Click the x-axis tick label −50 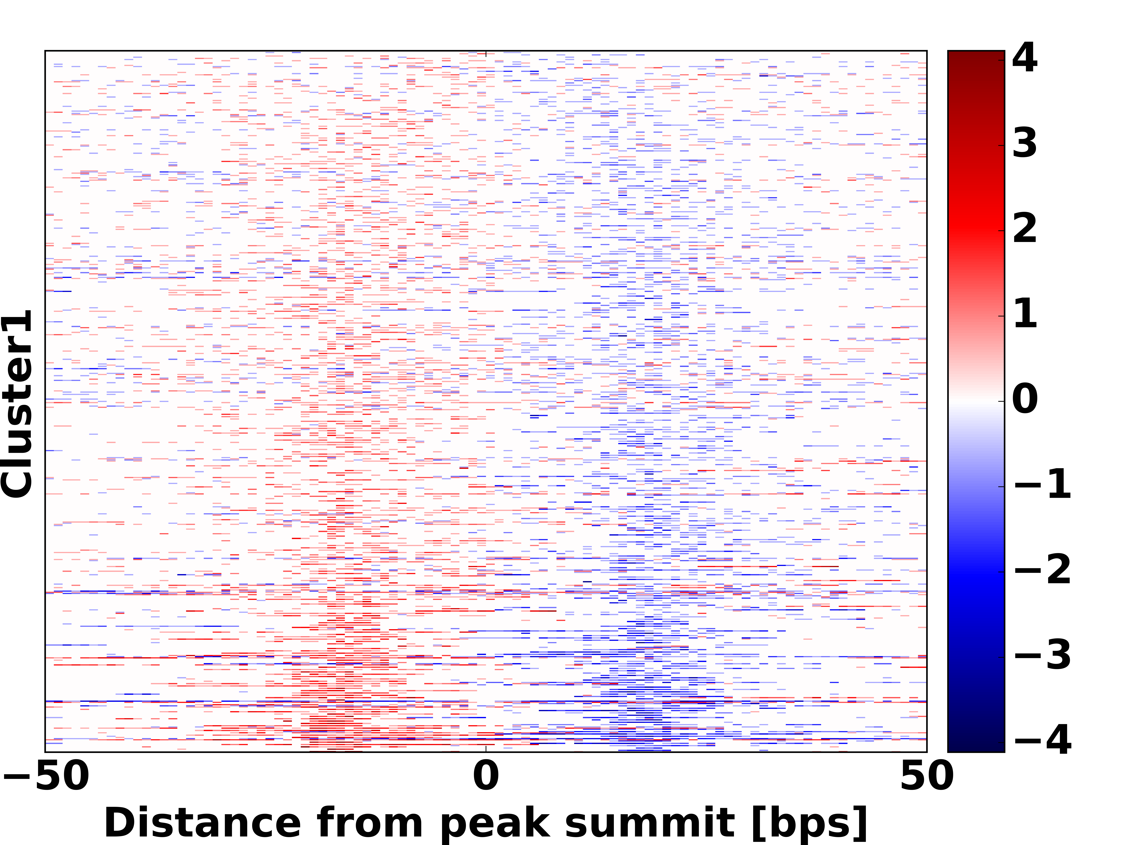[46, 776]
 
